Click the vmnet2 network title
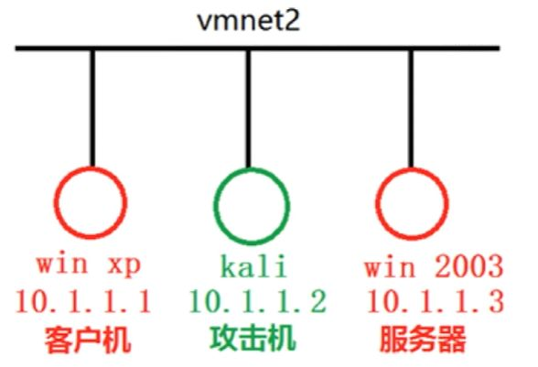[x=249, y=21]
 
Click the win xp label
[x=89, y=265]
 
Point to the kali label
[x=253, y=266]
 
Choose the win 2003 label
[x=434, y=266]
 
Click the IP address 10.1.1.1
[x=83, y=301]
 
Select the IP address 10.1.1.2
[x=257, y=301]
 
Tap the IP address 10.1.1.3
[x=436, y=301]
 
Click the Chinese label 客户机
[x=88, y=340]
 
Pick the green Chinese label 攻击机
[x=253, y=339]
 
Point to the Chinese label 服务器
[x=423, y=340]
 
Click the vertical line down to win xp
[x=92, y=108]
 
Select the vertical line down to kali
[x=249, y=109]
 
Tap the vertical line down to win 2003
[x=411, y=109]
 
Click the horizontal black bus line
[x=257, y=49]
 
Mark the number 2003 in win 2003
[x=469, y=266]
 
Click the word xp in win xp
[x=124, y=266]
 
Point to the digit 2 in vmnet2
[x=291, y=21]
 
